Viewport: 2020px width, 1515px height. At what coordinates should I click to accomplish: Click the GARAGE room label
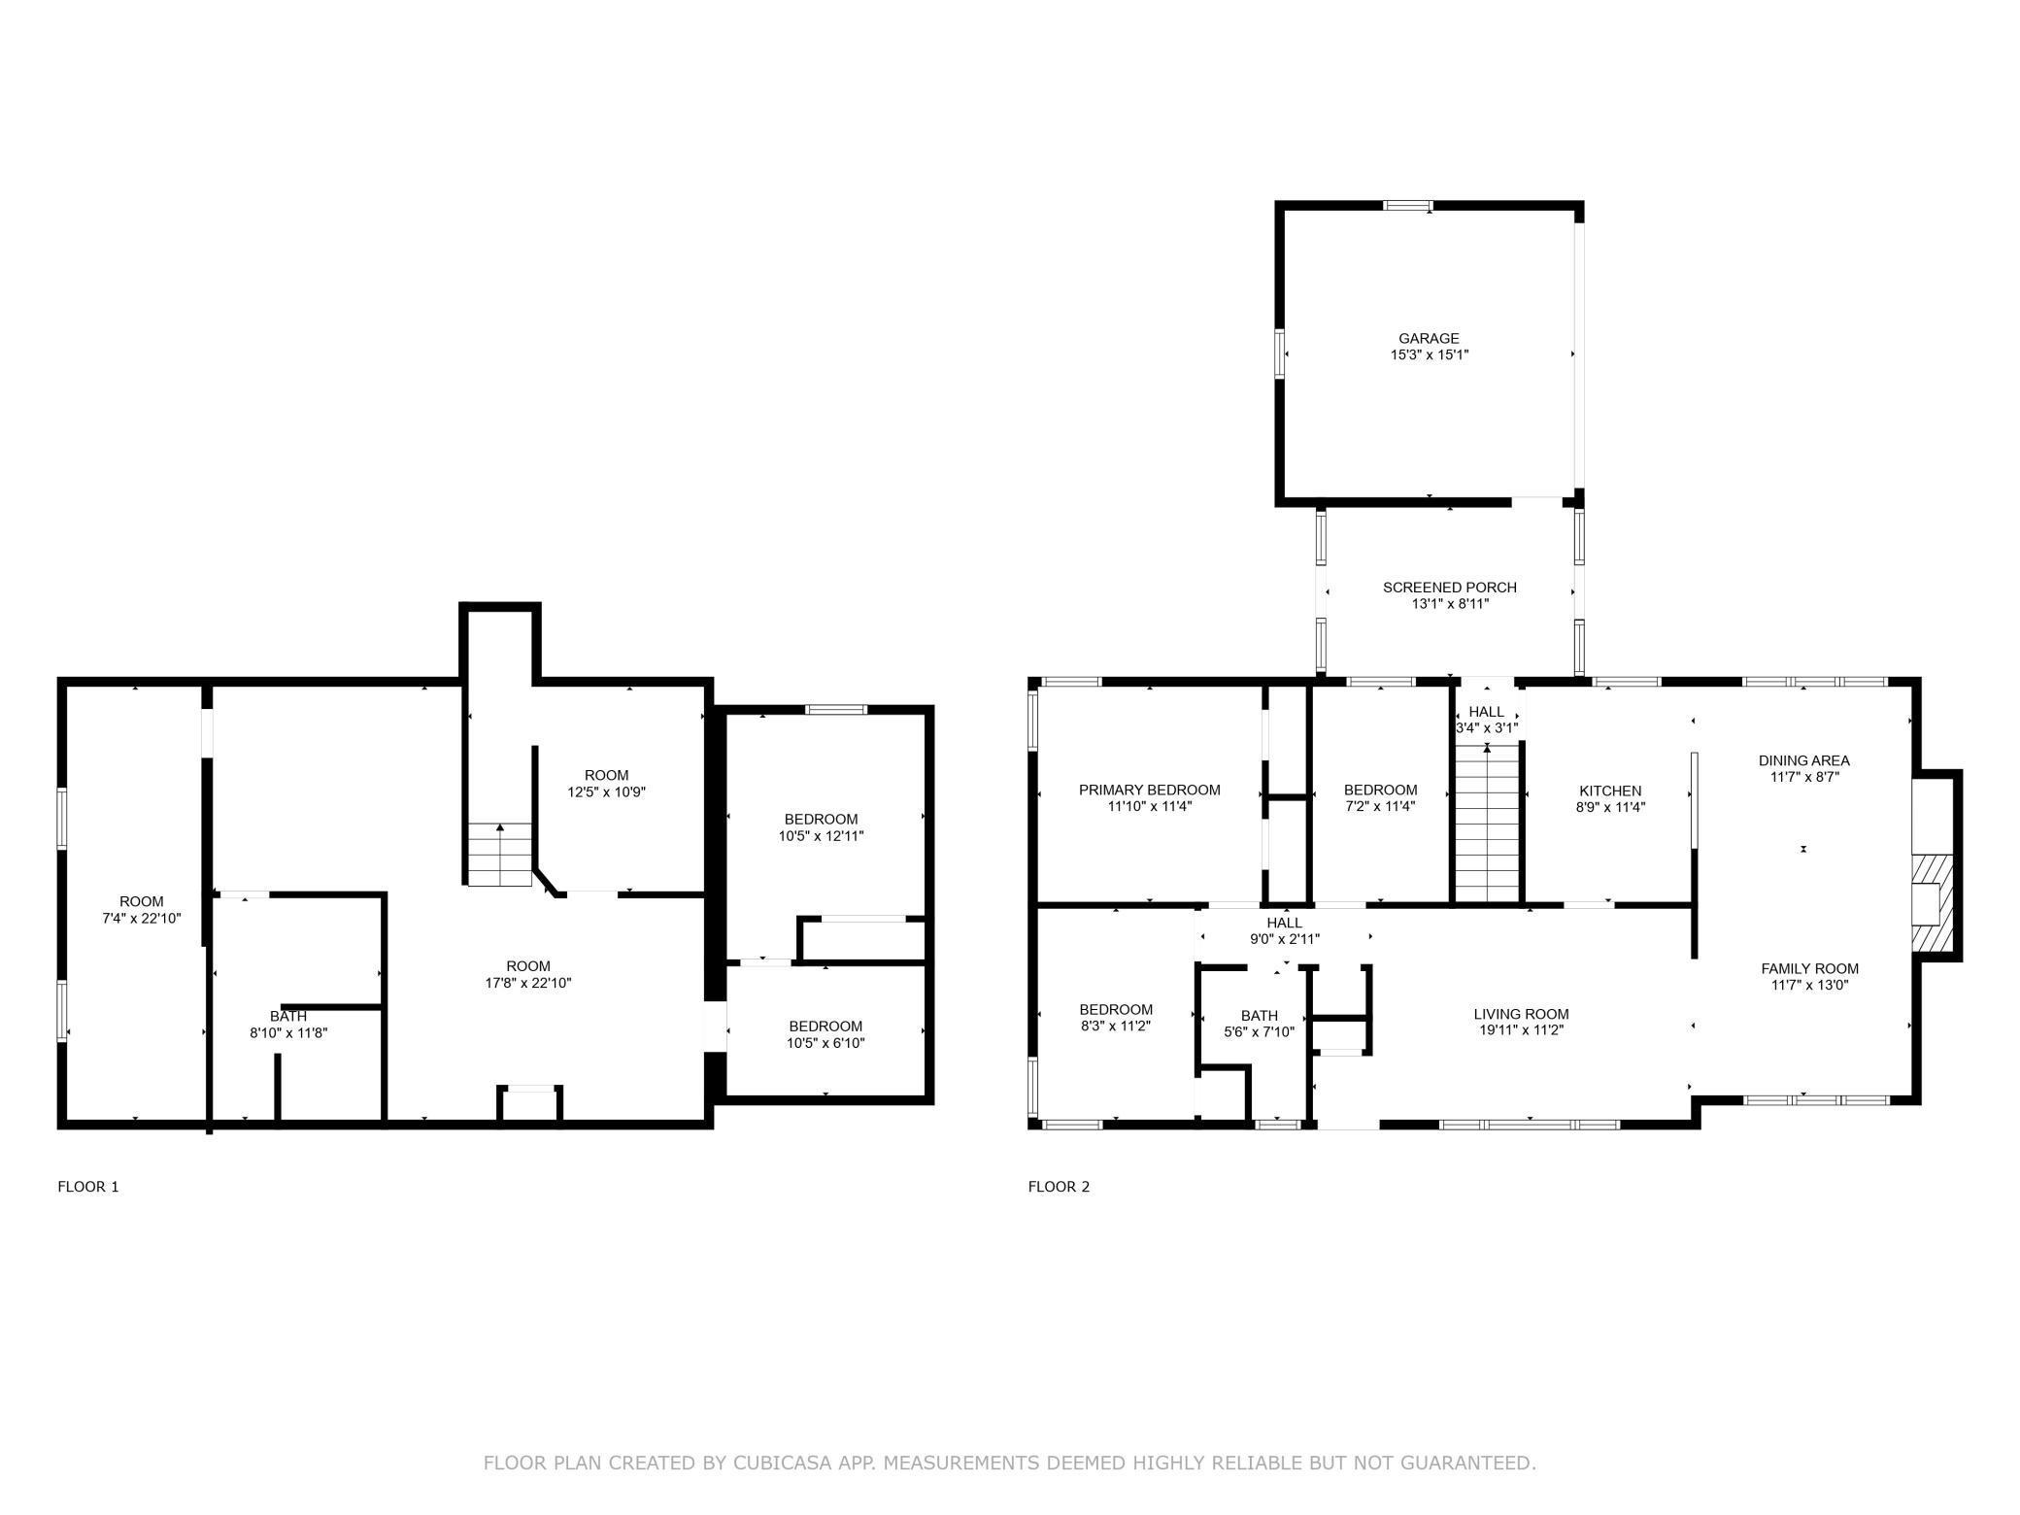[1429, 339]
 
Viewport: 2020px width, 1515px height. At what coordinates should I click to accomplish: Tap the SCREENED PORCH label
[1449, 588]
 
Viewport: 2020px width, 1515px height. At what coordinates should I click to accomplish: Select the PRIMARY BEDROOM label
[1149, 791]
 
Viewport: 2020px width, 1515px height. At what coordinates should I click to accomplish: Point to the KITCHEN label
[1610, 791]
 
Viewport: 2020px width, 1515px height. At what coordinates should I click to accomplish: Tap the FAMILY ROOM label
[1809, 969]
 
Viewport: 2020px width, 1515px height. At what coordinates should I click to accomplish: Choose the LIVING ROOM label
[1521, 1015]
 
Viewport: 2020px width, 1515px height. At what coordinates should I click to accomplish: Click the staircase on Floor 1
[500, 855]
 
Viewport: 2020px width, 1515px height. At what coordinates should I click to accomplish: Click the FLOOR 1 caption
[88, 1187]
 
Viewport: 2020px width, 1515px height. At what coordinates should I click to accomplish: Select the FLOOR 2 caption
[1059, 1187]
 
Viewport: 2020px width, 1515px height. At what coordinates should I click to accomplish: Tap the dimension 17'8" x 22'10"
[528, 983]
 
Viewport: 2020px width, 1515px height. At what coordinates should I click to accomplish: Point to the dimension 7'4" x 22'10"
[142, 918]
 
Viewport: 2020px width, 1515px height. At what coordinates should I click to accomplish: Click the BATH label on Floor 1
[288, 1017]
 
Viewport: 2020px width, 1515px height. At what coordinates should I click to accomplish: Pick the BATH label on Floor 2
[1260, 1017]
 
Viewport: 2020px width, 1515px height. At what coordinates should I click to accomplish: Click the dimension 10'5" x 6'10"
[825, 1043]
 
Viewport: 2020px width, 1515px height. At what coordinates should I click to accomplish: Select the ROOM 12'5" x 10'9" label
[607, 784]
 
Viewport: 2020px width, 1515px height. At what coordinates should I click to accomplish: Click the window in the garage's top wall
[1407, 205]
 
